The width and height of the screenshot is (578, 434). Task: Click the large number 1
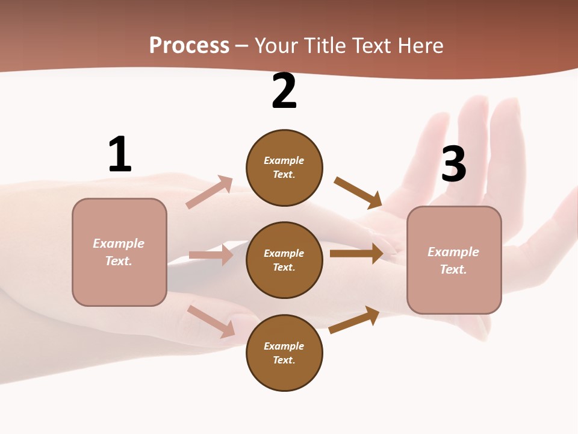click(120, 154)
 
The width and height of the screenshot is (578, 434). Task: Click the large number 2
click(284, 92)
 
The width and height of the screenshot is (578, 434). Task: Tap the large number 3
click(454, 165)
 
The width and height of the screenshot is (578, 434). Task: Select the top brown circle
click(284, 168)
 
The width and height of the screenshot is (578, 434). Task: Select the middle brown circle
click(284, 260)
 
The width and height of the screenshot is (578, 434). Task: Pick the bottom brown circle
click(284, 353)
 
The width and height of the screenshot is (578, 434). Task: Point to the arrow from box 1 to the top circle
click(210, 192)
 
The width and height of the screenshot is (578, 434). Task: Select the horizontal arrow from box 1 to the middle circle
click(211, 255)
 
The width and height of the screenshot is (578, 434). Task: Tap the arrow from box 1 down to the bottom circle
click(211, 321)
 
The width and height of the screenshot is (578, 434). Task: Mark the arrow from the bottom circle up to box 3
click(354, 320)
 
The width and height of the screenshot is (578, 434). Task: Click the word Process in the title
click(189, 45)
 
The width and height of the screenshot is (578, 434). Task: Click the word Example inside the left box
click(119, 244)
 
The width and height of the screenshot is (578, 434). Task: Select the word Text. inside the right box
click(453, 269)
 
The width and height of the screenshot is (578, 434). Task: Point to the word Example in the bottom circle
click(284, 346)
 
